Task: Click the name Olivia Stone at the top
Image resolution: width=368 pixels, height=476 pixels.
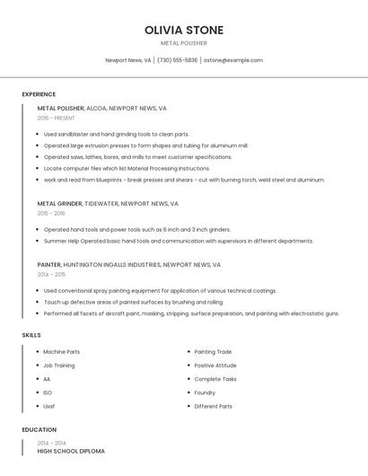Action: tap(184, 30)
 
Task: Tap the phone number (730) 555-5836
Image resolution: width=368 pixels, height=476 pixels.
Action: tap(177, 60)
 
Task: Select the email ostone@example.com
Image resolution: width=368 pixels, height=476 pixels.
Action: tap(233, 60)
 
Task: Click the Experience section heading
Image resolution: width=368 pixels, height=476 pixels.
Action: tap(39, 94)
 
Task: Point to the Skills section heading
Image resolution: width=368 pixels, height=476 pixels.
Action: tap(31, 335)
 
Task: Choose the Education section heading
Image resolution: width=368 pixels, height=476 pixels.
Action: tap(39, 429)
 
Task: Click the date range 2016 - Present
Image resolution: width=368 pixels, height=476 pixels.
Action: tap(57, 118)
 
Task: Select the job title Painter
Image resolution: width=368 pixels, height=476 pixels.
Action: tap(49, 265)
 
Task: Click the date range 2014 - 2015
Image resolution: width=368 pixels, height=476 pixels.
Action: tap(51, 275)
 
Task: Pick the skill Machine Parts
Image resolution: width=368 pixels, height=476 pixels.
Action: tap(61, 351)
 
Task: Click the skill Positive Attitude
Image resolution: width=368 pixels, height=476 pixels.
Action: tap(215, 365)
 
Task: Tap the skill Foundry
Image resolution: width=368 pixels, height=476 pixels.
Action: tap(205, 392)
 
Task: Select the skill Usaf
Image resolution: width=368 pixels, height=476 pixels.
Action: tap(49, 406)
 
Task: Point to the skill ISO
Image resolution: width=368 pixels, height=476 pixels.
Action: tap(48, 392)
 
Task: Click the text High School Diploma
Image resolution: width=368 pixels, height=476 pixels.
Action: tap(71, 451)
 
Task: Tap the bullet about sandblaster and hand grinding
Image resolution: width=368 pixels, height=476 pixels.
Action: tap(117, 134)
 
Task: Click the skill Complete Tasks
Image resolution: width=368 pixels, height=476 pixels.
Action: tap(215, 379)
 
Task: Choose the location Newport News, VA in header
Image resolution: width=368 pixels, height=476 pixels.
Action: tap(128, 60)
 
